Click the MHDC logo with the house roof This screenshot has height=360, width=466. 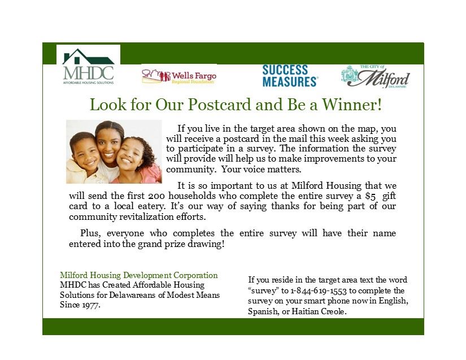[x=88, y=66]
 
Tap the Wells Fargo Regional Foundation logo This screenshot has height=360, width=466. [x=179, y=77]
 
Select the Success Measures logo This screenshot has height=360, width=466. [x=290, y=76]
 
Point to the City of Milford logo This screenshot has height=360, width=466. [x=376, y=76]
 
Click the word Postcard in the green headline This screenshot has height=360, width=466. [x=219, y=105]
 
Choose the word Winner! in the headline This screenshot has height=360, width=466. [x=352, y=105]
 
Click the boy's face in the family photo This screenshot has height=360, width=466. [x=85, y=153]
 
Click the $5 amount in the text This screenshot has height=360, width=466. [x=371, y=197]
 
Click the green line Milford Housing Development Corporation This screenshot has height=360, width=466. [x=139, y=275]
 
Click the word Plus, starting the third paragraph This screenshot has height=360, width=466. [x=90, y=233]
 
